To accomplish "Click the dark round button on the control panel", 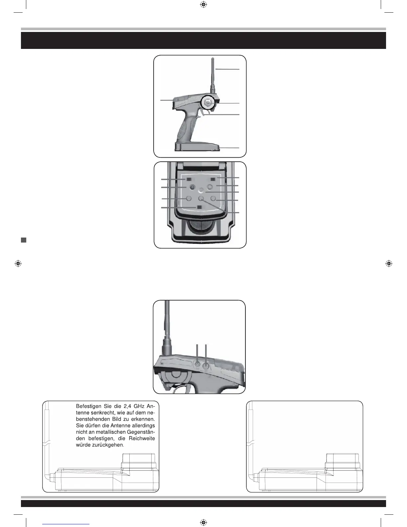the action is pyautogui.click(x=192, y=187).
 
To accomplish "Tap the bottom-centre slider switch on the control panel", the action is pyautogui.click(x=199, y=207).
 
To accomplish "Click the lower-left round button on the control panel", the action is pyautogui.click(x=189, y=198).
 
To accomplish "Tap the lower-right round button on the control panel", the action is pyautogui.click(x=213, y=198).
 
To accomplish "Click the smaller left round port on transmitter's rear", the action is pyautogui.click(x=198, y=365).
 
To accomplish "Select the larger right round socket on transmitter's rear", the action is pyautogui.click(x=206, y=365).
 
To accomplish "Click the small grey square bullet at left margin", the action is pyautogui.click(x=23, y=240).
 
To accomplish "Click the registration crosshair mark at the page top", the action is pyautogui.click(x=203, y=5).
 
